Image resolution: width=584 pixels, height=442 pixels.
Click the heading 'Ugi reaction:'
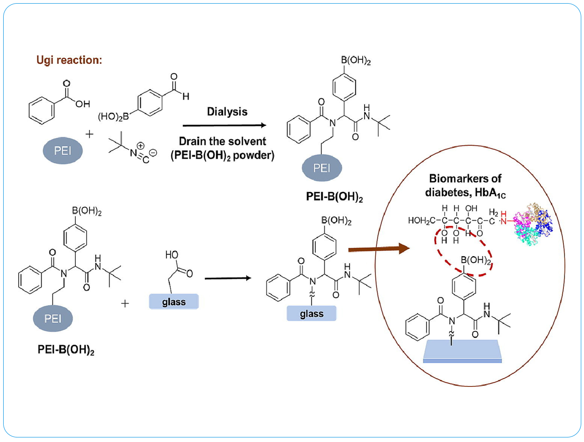[x=69, y=60]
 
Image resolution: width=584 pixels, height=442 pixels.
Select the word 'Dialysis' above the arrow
[x=227, y=112]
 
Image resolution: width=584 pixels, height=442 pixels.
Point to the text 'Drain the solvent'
[x=222, y=141]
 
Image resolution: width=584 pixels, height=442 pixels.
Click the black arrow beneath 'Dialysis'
[x=224, y=125]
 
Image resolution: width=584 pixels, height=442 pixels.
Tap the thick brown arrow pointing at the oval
[x=379, y=249]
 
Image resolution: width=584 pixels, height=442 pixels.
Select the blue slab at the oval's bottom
[x=462, y=350]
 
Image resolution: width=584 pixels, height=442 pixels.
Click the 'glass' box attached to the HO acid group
[x=174, y=302]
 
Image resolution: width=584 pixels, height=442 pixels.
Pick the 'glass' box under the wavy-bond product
[x=312, y=314]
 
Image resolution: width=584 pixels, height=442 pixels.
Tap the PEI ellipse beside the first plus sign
[x=63, y=151]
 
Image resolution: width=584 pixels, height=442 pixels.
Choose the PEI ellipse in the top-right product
[x=322, y=168]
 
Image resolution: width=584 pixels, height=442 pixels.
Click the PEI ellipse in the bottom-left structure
[x=53, y=319]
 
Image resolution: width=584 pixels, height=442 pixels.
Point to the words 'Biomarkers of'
[x=465, y=178]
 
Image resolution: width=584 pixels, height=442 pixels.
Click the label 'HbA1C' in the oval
[x=490, y=193]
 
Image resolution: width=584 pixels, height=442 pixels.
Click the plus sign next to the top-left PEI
[x=89, y=134]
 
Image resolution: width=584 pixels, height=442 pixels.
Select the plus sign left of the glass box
[x=125, y=303]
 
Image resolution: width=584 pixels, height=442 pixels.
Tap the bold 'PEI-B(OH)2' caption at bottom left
[x=66, y=350]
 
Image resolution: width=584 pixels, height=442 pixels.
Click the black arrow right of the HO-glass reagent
[x=228, y=278]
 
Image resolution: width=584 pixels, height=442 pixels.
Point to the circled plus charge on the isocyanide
[x=141, y=146]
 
